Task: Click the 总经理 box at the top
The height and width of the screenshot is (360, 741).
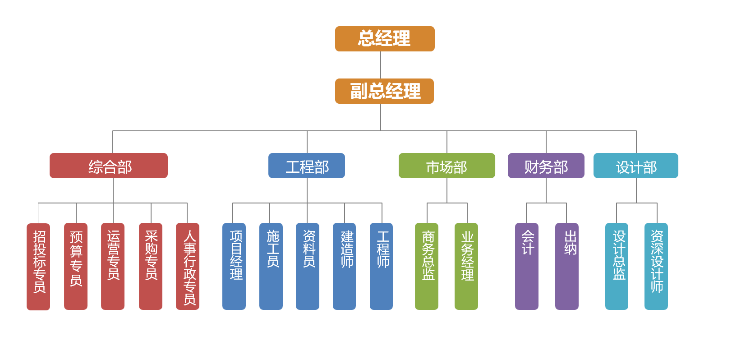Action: (385, 39)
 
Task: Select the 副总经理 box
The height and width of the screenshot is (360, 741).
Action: (384, 91)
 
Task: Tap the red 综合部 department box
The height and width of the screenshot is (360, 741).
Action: (109, 166)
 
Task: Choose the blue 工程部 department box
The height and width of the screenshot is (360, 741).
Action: (307, 166)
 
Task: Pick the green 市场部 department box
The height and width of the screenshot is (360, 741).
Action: (446, 166)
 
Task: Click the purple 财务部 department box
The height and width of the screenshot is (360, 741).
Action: (546, 166)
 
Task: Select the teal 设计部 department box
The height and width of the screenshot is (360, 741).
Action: (635, 166)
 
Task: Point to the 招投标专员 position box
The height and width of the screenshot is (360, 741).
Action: (38, 266)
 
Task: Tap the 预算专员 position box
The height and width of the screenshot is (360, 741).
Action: (76, 266)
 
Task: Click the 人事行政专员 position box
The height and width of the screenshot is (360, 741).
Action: (188, 266)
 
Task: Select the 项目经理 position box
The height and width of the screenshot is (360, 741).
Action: (234, 266)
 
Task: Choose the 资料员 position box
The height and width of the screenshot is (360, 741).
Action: (308, 266)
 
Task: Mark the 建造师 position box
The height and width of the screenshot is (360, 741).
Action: (345, 266)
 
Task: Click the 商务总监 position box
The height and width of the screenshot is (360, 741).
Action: (427, 266)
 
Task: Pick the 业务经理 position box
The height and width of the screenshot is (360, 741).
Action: (466, 266)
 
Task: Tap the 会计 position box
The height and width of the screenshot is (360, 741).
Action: (527, 266)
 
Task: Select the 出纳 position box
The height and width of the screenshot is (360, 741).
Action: (567, 266)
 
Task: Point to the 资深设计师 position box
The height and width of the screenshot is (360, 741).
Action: (656, 266)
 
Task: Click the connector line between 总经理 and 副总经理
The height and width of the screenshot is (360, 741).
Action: (381, 65)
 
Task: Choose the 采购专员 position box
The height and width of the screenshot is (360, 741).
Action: (151, 266)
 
